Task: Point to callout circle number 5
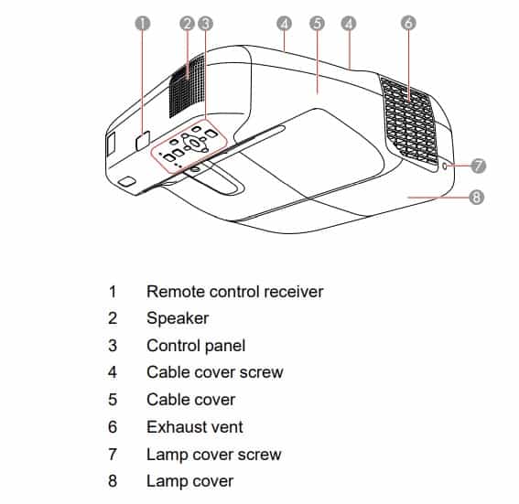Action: [x=318, y=23]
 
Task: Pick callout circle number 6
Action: [x=408, y=23]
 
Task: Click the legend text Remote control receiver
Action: [x=234, y=292]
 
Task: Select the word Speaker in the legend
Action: [x=178, y=318]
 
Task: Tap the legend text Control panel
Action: [x=196, y=346]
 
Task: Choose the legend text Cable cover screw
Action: [x=215, y=372]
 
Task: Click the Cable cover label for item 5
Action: [x=190, y=400]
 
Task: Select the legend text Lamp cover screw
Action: [x=214, y=454]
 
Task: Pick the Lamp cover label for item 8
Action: [x=189, y=481]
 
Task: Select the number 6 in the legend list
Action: [x=113, y=426]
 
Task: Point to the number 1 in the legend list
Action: [x=113, y=292]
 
